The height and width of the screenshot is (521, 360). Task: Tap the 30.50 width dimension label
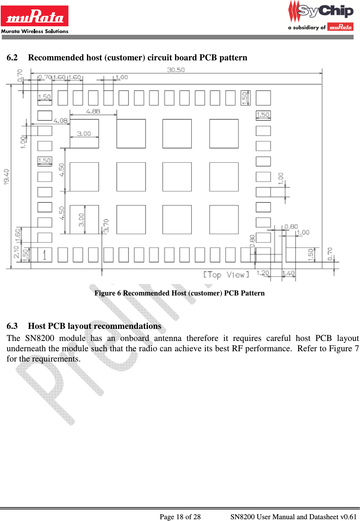(x=176, y=70)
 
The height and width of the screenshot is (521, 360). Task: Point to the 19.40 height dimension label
(x=6, y=177)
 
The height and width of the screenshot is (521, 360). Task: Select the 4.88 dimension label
(x=93, y=112)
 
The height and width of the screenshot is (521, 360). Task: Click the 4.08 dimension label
(x=60, y=121)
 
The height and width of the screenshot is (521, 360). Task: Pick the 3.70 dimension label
(x=106, y=226)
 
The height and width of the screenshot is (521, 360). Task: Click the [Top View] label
(x=226, y=275)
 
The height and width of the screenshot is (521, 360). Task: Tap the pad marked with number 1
(x=44, y=255)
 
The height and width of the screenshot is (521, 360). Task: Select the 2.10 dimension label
(x=16, y=252)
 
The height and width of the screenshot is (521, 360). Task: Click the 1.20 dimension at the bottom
(x=263, y=273)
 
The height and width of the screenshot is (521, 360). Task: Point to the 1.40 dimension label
(x=289, y=273)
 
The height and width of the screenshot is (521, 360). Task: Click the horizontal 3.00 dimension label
(x=84, y=134)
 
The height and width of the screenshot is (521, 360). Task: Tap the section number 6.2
(x=12, y=58)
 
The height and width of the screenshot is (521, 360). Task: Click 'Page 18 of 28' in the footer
(x=180, y=517)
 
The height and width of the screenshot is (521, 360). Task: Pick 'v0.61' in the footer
(x=348, y=517)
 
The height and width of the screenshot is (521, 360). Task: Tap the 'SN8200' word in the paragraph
(x=40, y=338)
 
